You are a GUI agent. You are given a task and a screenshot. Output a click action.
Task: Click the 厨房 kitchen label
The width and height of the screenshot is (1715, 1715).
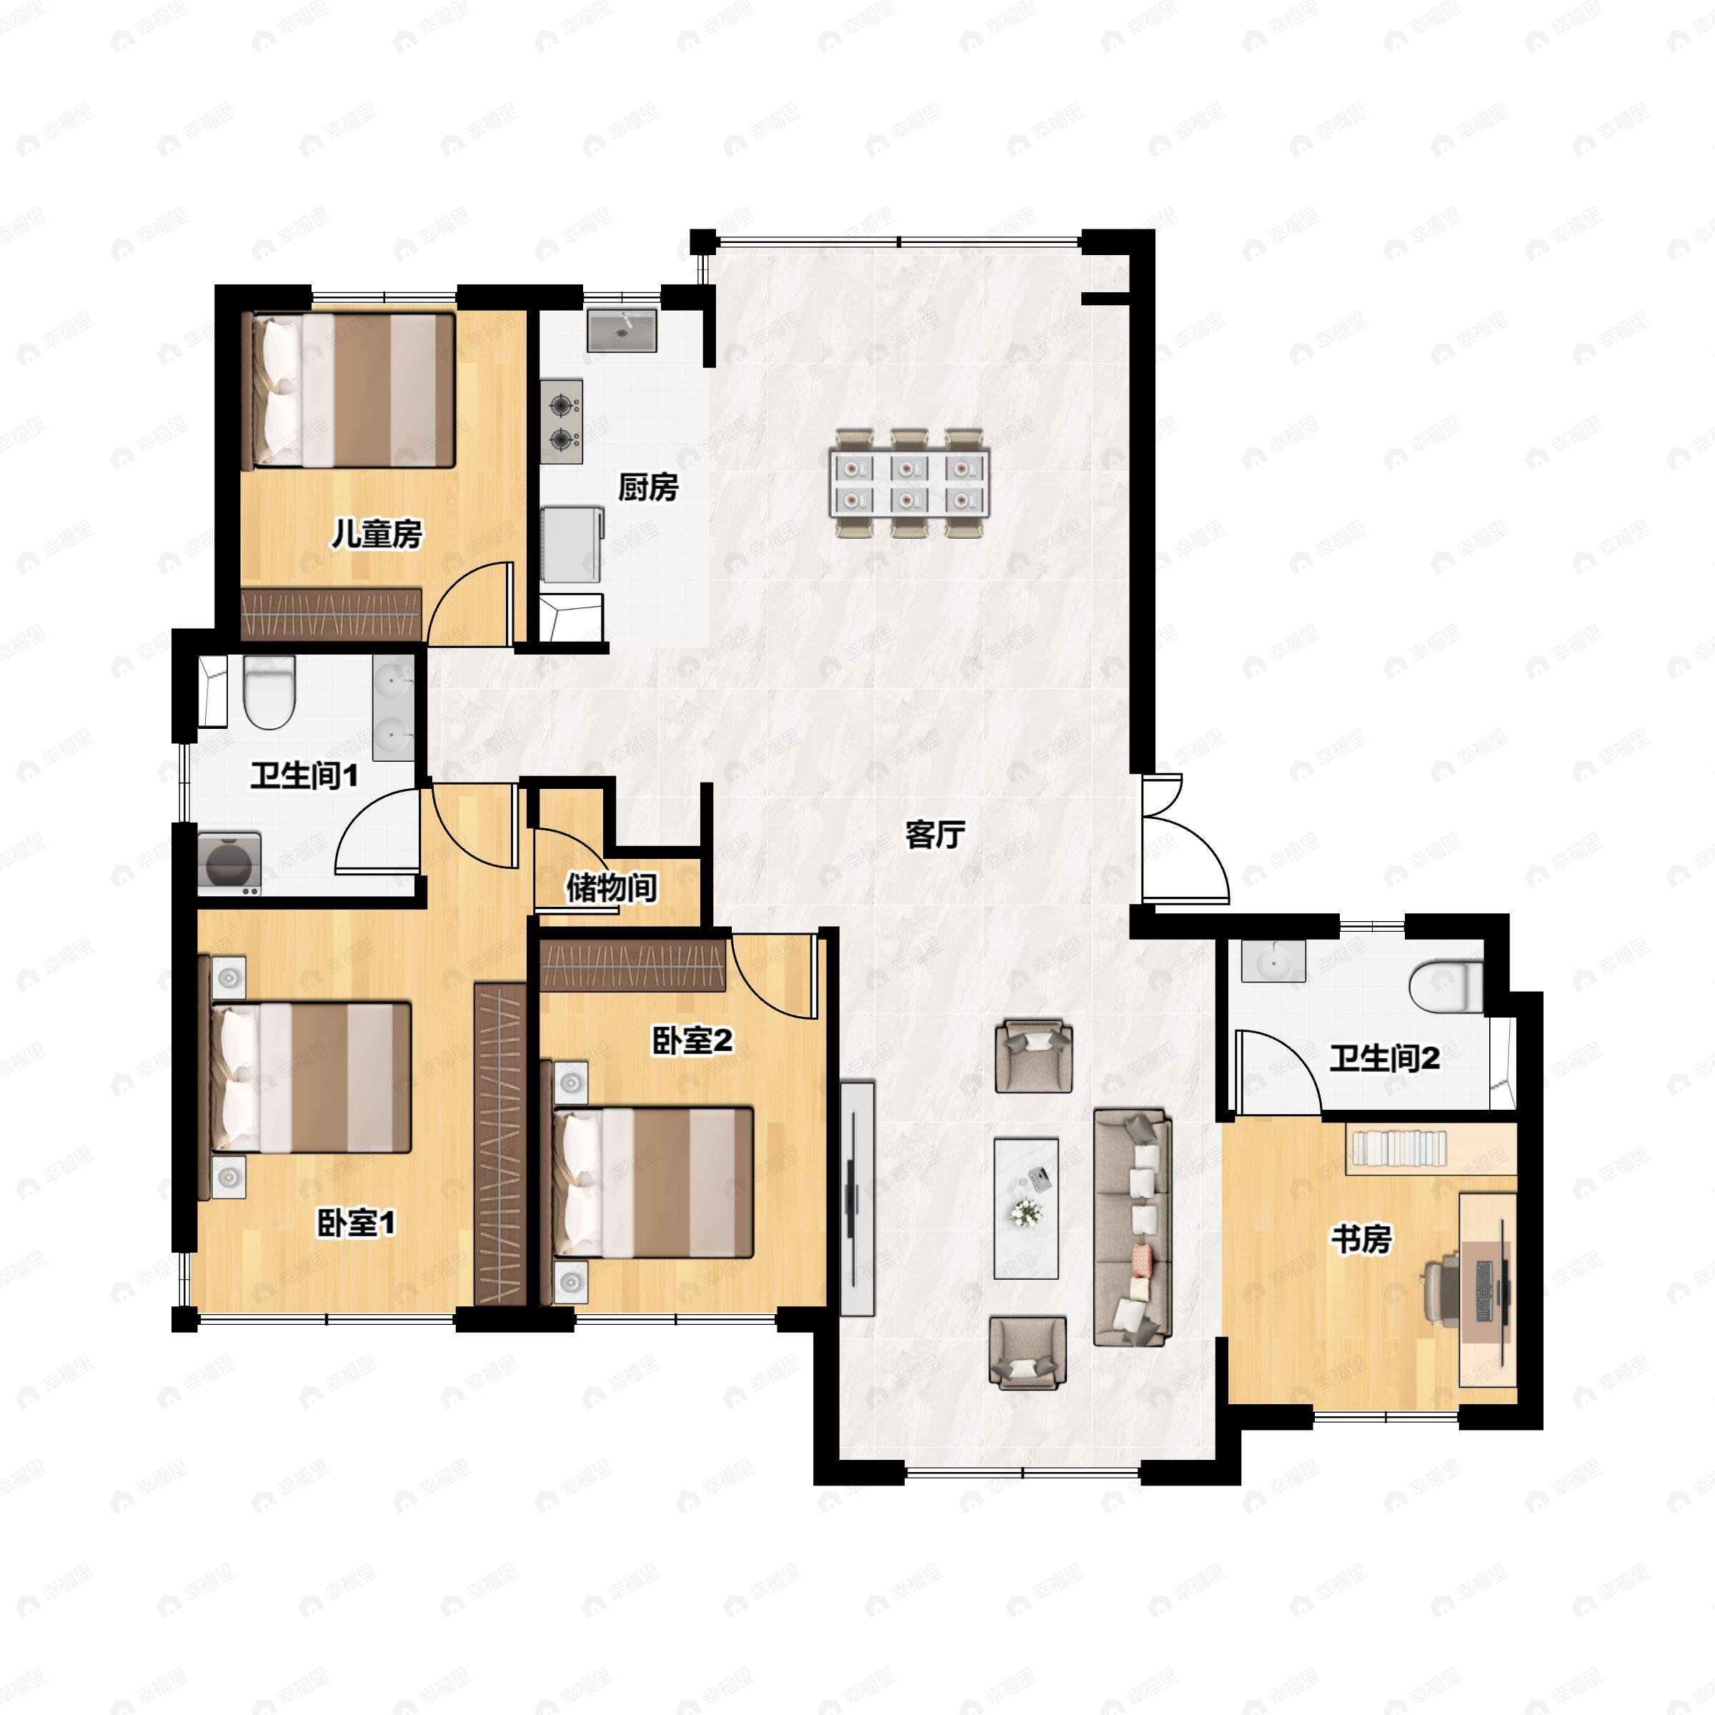click(x=648, y=487)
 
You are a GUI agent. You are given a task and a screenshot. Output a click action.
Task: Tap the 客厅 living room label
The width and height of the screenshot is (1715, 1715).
click(x=935, y=835)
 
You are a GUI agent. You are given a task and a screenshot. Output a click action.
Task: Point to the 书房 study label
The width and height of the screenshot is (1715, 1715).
click(x=1360, y=1239)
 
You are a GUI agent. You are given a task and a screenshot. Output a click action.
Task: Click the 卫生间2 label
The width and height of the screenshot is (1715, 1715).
click(x=1384, y=1058)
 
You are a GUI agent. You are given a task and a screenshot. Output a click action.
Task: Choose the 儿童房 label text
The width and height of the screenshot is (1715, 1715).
click(x=377, y=534)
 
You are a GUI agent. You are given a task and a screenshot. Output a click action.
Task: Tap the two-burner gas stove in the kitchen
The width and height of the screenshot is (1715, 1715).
click(x=562, y=422)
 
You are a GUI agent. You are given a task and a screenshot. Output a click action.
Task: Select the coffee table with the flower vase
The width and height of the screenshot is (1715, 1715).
click(x=1026, y=1208)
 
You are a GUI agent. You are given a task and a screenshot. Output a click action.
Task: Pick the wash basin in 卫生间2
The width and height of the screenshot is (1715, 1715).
click(x=1273, y=961)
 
